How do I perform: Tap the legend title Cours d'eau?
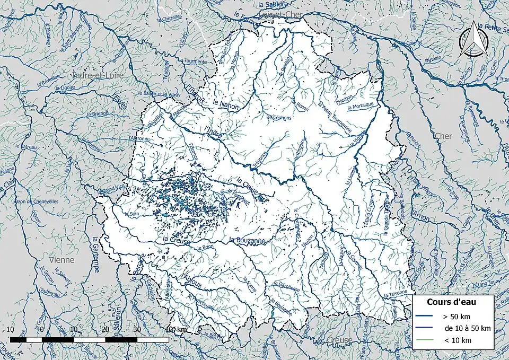pos(451,302)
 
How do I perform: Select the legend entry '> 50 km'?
pos(457,317)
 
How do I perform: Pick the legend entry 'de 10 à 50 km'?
pos(467,328)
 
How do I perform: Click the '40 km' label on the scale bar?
pos(175,329)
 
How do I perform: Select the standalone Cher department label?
pos(443,136)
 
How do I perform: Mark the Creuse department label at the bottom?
pos(339,340)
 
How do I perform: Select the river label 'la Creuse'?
pos(176,240)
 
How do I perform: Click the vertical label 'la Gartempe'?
pos(96,255)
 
